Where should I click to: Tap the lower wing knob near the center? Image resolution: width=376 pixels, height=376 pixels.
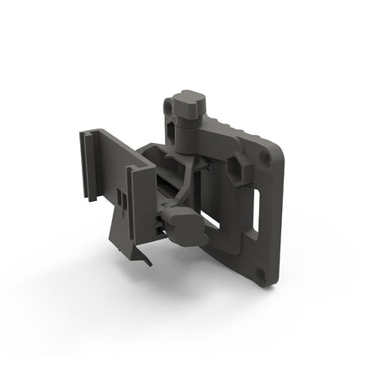tap(177, 219)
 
